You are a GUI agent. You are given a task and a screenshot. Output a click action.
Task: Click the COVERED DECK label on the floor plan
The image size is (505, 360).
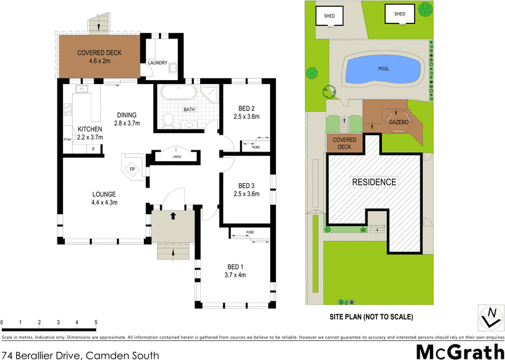click(98, 53)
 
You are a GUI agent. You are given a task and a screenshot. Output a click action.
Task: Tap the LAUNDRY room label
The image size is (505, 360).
click(157, 63)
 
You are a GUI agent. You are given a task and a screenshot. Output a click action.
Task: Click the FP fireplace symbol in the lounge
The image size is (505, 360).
click(133, 169)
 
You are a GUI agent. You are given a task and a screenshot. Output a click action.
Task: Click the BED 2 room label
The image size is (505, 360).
click(246, 107)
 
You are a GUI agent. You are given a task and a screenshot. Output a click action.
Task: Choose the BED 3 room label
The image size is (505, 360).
click(246, 186)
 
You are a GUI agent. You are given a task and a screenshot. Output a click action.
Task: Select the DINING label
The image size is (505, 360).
click(126, 115)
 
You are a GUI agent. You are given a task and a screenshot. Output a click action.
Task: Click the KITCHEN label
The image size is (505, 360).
click(89, 129)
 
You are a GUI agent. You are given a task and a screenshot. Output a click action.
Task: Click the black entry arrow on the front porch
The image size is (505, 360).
click(174, 216)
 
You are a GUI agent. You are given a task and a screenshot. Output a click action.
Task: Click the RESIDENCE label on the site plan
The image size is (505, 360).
click(374, 182)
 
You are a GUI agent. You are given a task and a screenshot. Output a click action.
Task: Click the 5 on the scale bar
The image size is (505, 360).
click(96, 323)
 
